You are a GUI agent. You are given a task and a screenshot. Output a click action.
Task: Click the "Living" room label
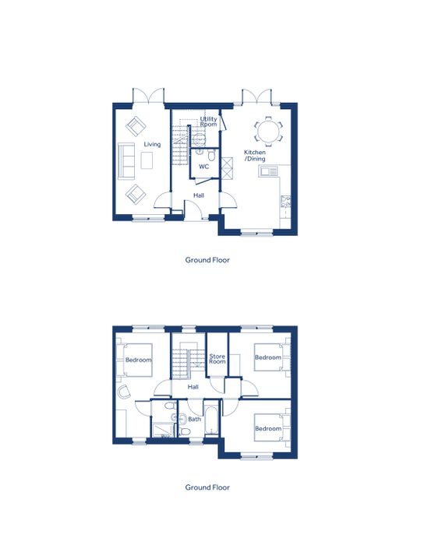coord(152,144)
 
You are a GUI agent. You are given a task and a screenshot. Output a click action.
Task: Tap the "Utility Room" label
coord(208,121)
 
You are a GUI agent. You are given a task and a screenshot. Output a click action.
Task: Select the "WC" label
coord(203,167)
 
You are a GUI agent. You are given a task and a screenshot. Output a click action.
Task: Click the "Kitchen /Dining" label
coord(255,156)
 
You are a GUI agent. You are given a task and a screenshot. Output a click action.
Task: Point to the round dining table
coord(268,131)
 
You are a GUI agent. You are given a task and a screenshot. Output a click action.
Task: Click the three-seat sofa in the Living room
coord(126,161)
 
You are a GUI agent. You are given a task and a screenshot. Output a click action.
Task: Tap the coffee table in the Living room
coord(147,160)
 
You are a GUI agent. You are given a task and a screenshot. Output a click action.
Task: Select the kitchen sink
coord(268,171)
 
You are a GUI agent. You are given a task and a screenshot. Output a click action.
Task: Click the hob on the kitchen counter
coord(285,201)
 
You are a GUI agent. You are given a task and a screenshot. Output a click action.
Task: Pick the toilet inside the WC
coord(211,155)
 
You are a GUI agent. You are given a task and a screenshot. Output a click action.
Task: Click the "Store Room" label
coord(217,359)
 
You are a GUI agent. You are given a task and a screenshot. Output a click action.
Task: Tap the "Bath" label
coord(194,419)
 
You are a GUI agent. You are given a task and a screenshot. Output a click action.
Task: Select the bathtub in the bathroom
coord(211,420)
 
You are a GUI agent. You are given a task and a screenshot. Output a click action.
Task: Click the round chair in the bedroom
coord(124,392)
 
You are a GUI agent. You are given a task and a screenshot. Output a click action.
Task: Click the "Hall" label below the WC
coord(199,195)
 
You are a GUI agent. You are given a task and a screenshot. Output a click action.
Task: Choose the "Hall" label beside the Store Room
coord(193,387)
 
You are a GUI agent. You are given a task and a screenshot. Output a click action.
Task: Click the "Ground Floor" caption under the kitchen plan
coord(207,260)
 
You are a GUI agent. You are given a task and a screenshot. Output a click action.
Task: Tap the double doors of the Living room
coord(148,96)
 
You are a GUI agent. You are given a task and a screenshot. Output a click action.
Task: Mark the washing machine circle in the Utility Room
coord(200,139)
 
